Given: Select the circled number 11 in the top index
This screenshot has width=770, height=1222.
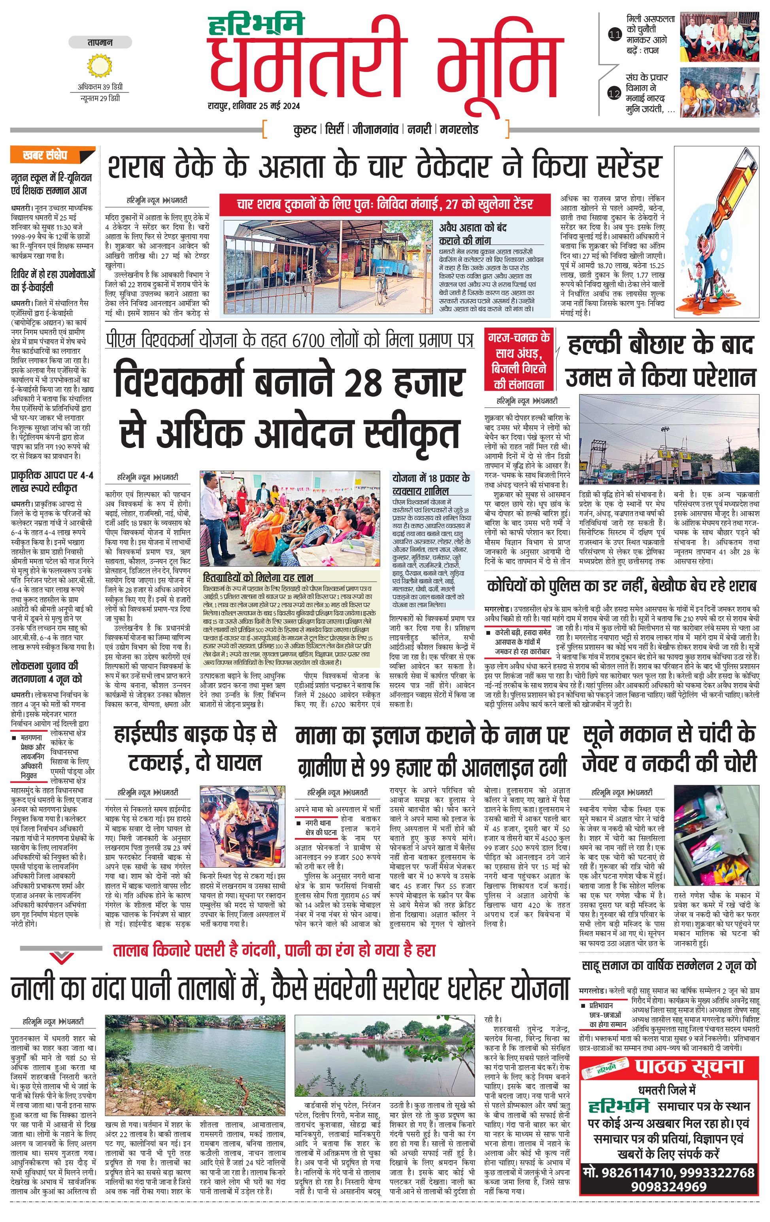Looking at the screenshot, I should [x=615, y=36].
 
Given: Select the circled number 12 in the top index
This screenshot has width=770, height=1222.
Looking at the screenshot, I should [x=615, y=93].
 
